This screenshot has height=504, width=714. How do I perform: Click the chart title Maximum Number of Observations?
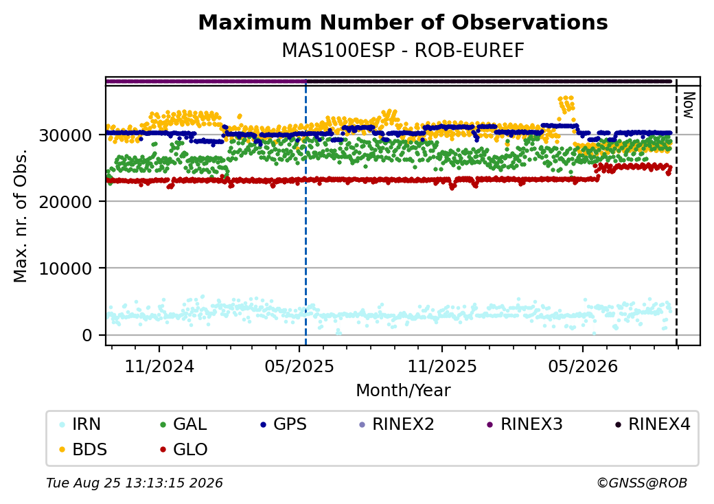403,22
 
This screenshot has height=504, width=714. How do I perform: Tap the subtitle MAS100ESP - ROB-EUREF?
403,51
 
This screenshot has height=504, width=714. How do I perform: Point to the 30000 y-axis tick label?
66,135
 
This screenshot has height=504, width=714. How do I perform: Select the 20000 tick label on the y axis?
66,202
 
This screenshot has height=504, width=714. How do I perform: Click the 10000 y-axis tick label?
66,268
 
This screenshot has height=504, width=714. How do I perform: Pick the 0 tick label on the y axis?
87,336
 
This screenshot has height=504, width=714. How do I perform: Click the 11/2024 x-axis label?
159,367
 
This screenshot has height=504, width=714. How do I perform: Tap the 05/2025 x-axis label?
299,367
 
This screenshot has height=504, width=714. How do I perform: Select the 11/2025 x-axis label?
441,367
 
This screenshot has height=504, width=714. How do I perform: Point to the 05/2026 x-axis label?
583,367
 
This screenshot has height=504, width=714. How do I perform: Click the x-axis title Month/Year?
403,391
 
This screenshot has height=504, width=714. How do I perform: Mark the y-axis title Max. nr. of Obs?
21,216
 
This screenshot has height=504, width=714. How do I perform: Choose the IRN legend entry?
80,424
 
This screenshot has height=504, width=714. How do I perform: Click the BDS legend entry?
83,450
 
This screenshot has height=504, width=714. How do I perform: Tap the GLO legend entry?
184,450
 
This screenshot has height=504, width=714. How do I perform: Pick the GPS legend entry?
284,424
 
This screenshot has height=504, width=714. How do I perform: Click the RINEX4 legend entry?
652,424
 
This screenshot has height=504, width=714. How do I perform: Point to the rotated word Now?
689,105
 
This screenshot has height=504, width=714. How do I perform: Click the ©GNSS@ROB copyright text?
642,483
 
